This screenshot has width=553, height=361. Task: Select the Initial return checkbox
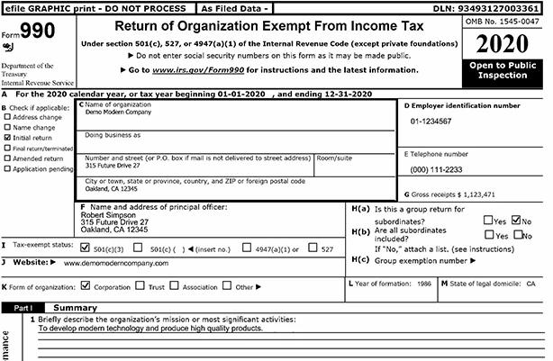pos(7,138)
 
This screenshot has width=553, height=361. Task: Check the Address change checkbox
pos(7,117)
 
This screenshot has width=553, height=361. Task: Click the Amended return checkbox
pos(7,158)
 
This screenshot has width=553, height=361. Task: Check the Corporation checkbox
pos(85,287)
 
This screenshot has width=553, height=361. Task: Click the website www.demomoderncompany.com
pos(115,264)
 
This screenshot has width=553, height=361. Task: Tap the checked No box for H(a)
pos(516,219)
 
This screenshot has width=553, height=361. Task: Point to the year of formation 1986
pos(422,284)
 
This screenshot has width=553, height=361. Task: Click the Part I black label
pos(22,308)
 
